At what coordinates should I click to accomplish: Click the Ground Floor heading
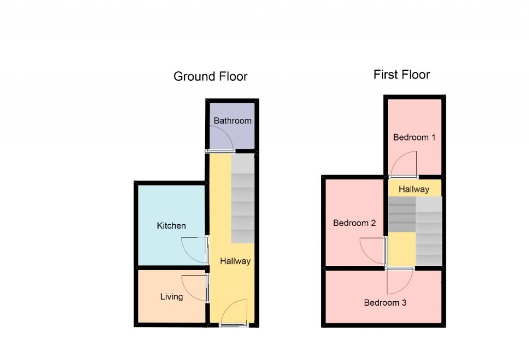(x=210, y=77)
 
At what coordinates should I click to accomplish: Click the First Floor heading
(x=401, y=75)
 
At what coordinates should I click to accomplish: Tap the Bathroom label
(x=232, y=121)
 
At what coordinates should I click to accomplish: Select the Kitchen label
(x=171, y=226)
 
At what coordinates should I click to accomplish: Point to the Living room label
(x=171, y=296)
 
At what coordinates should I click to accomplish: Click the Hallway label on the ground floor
(x=235, y=261)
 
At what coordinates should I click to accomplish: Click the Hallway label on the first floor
(x=414, y=189)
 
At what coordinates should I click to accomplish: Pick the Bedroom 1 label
(x=414, y=137)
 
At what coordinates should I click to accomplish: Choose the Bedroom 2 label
(x=354, y=223)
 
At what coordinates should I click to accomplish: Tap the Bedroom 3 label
(x=385, y=303)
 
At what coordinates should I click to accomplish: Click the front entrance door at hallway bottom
(x=234, y=316)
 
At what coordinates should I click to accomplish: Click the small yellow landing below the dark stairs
(x=401, y=249)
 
